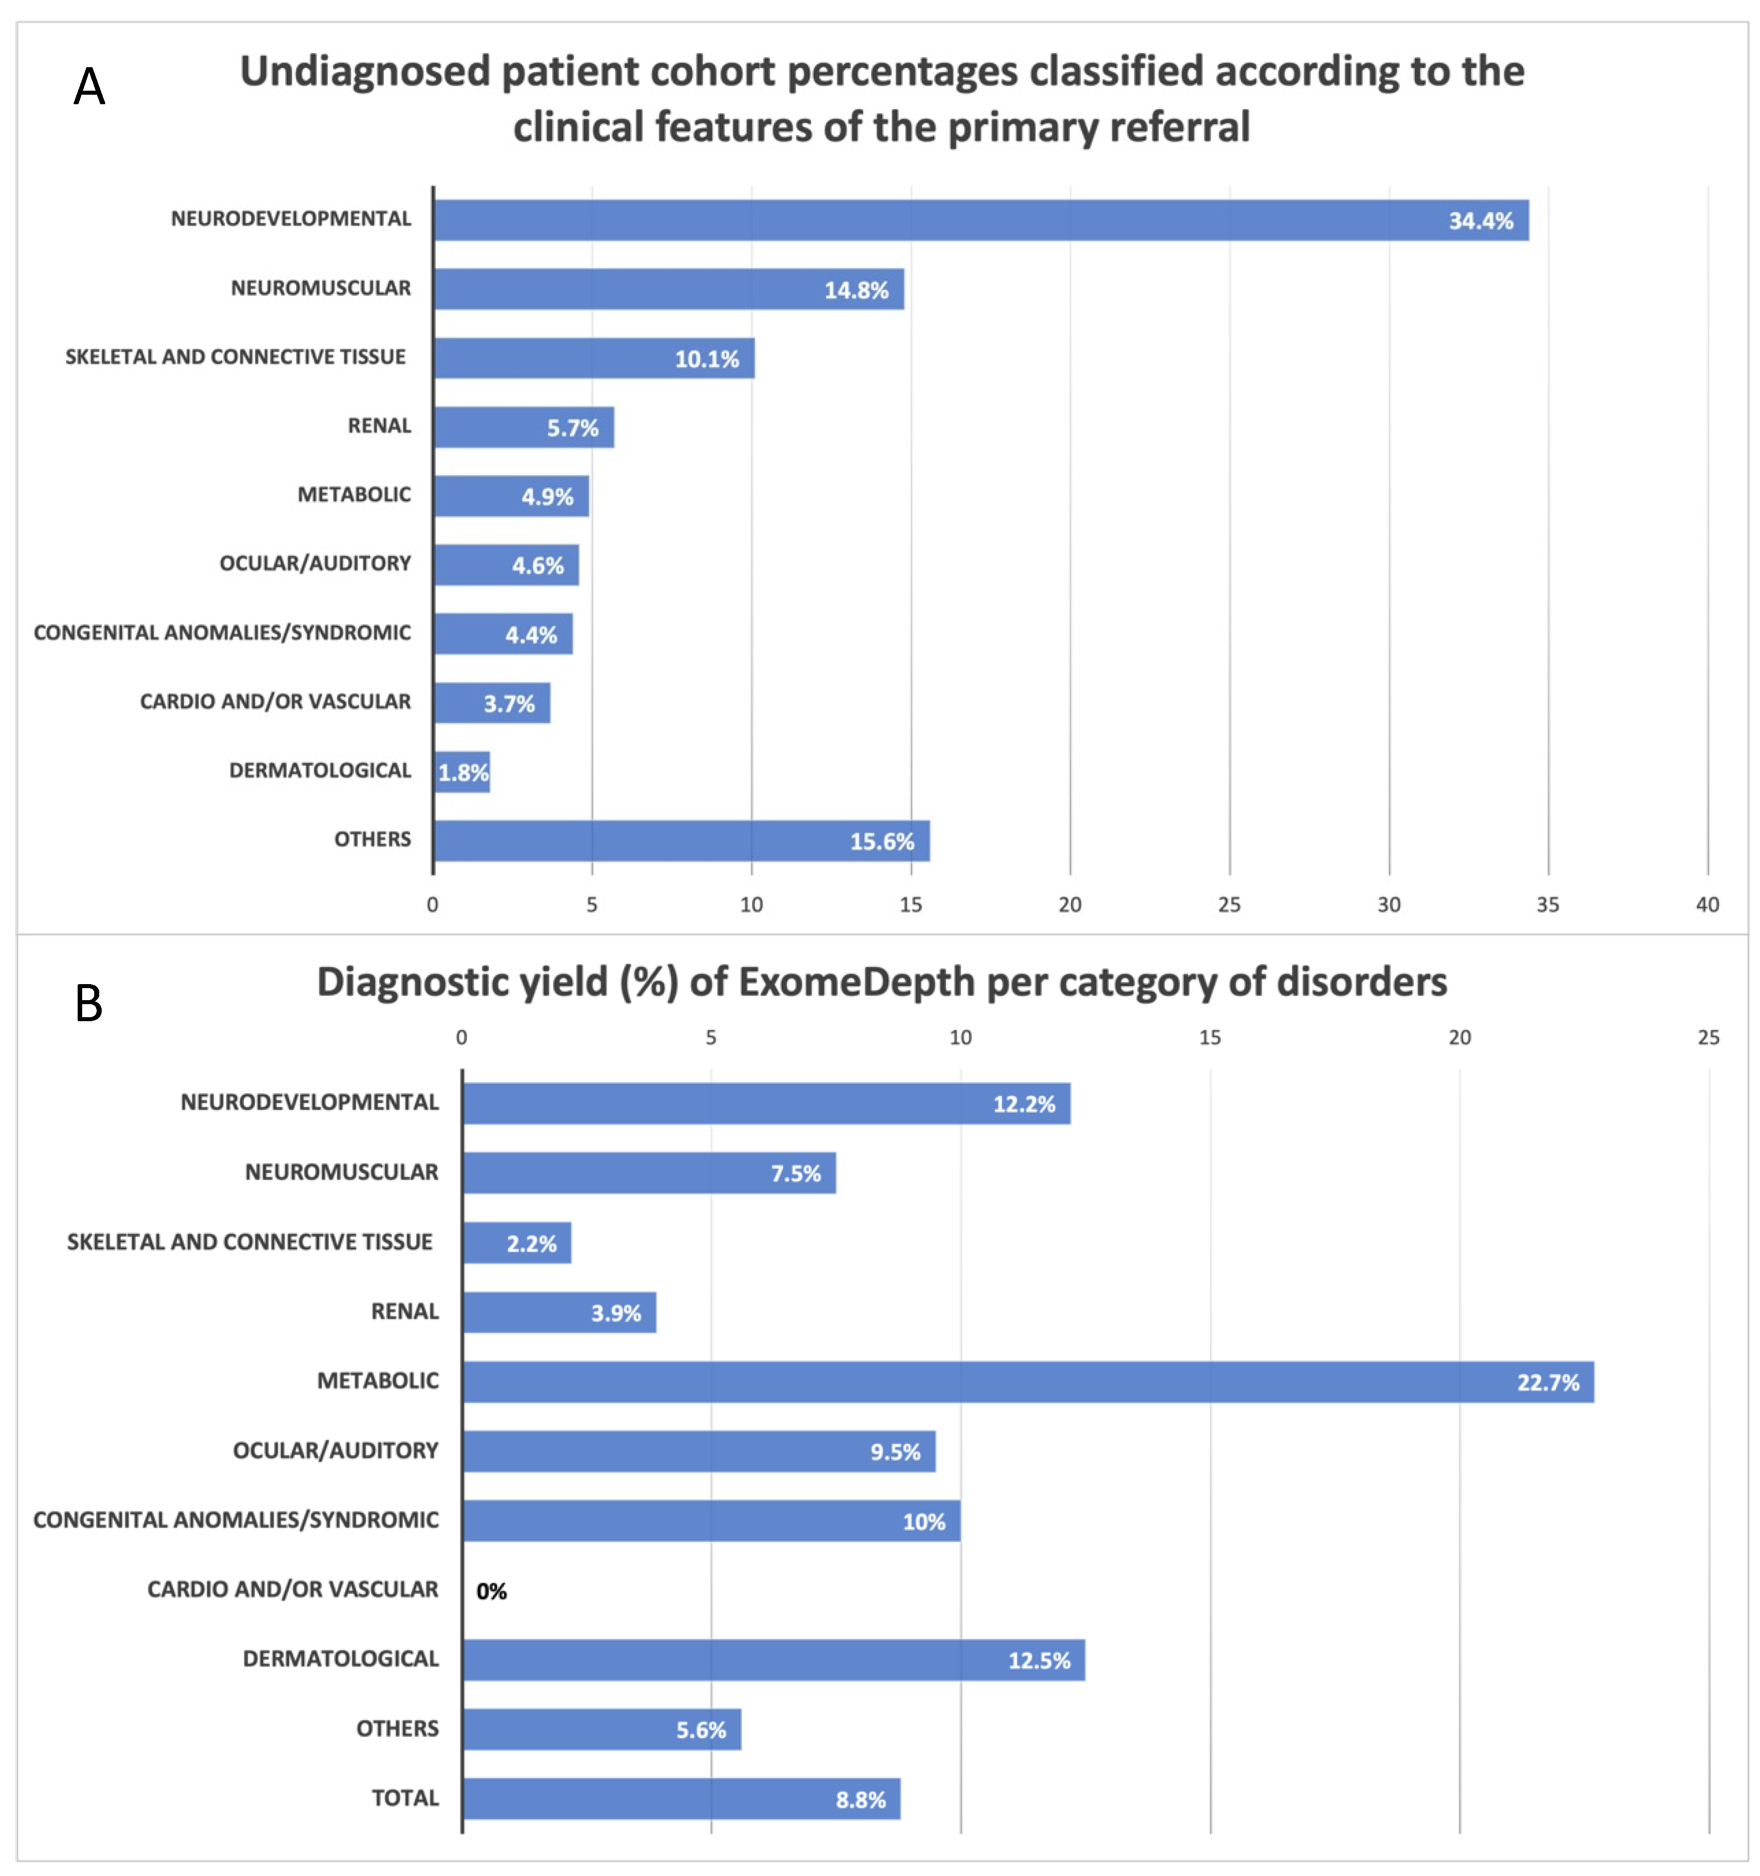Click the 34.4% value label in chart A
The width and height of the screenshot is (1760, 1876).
1480,221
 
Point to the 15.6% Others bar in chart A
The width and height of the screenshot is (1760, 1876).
681,841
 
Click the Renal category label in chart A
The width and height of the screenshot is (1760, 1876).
379,425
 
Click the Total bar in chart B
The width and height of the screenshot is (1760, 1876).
681,1799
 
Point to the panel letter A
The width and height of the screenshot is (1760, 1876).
90,87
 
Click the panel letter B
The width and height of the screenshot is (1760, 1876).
89,1003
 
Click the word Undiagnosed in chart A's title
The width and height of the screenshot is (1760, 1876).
364,72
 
